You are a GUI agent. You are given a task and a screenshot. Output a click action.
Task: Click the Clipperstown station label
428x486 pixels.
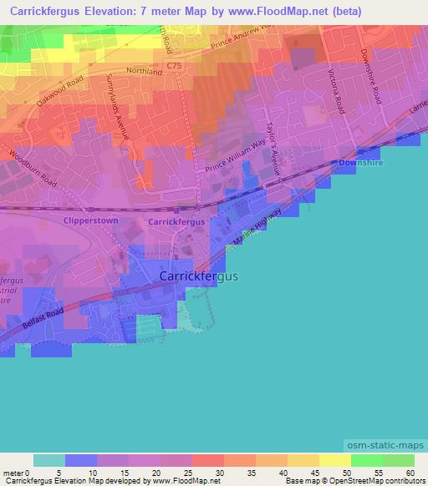pyautogui.click(x=91, y=221)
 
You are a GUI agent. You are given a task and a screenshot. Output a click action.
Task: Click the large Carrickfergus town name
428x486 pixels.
pyautogui.click(x=198, y=276)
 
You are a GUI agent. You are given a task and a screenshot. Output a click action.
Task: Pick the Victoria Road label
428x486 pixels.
pyautogui.click(x=338, y=92)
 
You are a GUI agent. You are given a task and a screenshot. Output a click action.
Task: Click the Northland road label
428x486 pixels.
pyautogui.click(x=145, y=73)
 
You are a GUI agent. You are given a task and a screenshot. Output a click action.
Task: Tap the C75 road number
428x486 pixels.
pyautogui.click(x=173, y=64)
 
